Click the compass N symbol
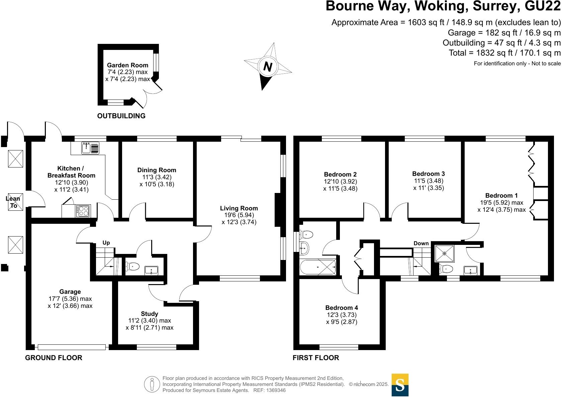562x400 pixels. (268, 67)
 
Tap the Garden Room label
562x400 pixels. (127, 65)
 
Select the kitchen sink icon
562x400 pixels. (90, 148)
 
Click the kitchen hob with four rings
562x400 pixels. (83, 211)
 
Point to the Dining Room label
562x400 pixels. (157, 170)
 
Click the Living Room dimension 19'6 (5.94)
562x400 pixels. (239, 215)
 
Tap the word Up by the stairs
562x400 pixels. (106, 243)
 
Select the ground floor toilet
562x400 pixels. (132, 267)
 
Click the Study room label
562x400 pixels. (149, 314)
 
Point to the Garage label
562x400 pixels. (70, 292)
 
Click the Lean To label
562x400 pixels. (13, 202)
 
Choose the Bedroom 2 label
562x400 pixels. (340, 174)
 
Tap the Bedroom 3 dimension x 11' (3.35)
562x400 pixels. (429, 188)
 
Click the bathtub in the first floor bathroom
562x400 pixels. (317, 267)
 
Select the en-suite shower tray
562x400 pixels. (444, 253)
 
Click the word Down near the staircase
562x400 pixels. (421, 243)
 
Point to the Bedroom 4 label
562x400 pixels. (342, 308)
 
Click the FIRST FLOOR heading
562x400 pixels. (315, 358)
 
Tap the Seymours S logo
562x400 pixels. (400, 385)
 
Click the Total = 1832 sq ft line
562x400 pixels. (504, 53)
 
